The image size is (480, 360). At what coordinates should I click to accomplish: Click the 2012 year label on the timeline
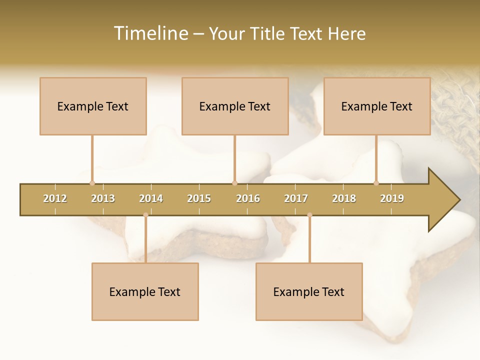pyautogui.click(x=55, y=198)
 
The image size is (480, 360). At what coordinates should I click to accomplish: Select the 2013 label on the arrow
pyautogui.click(x=103, y=198)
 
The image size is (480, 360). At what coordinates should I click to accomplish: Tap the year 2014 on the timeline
pyautogui.click(x=151, y=198)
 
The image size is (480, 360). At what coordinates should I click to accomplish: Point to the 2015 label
pyautogui.click(x=199, y=198)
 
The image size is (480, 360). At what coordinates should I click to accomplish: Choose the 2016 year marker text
pyautogui.click(x=248, y=198)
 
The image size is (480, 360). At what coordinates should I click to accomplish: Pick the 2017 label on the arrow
pyautogui.click(x=296, y=198)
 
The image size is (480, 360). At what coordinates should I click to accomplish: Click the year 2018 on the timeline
pyautogui.click(x=344, y=198)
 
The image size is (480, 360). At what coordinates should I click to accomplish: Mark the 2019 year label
pyautogui.click(x=392, y=198)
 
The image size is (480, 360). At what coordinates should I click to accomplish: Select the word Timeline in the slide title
pyautogui.click(x=150, y=33)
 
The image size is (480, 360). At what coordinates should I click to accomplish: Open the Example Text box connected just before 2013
pyautogui.click(x=93, y=106)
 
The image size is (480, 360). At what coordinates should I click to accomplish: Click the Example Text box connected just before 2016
pyautogui.click(x=235, y=106)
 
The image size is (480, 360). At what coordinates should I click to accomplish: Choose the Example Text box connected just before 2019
pyautogui.click(x=377, y=106)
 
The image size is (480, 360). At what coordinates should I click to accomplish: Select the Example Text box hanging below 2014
pyautogui.click(x=145, y=291)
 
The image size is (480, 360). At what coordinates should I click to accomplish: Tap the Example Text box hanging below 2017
pyautogui.click(x=309, y=291)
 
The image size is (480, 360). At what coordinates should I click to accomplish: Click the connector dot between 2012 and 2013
pyautogui.click(x=92, y=183)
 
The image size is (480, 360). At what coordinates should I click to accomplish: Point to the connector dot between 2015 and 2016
pyautogui.click(x=235, y=183)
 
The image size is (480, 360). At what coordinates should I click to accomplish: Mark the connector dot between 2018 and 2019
pyautogui.click(x=376, y=183)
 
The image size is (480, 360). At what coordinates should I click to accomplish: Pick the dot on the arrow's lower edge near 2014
pyautogui.click(x=145, y=215)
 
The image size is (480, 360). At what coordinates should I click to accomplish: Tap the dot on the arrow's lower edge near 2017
pyautogui.click(x=309, y=215)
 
